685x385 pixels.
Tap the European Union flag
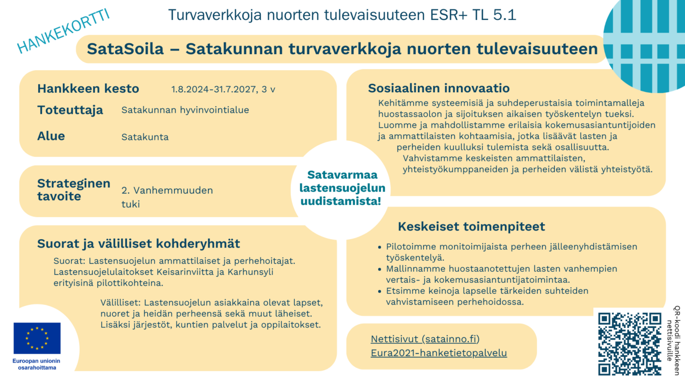pos(37,338)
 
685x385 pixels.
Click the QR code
pos(630,343)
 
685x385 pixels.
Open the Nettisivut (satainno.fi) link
pos(425,339)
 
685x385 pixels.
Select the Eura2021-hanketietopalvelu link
pos(439,353)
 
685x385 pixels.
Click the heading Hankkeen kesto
pos(88,89)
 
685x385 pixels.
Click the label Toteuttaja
pos(70,110)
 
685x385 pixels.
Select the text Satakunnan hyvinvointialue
pos(185,110)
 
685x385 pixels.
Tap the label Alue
pos(51,136)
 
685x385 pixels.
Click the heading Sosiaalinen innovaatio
pos(439,89)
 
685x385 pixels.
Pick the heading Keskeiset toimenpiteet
pos(471,227)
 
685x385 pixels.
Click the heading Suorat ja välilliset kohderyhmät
pos(139,244)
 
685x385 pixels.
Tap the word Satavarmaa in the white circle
pos(342,175)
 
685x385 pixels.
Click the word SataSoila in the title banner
pos(125,49)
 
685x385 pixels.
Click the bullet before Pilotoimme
pos(379,247)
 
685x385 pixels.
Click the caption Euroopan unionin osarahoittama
pos(37,364)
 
